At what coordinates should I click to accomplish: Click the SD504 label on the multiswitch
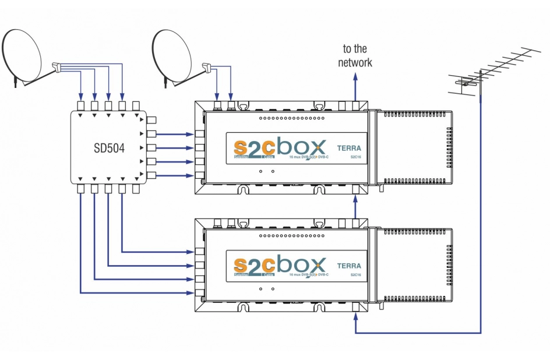pos(109,147)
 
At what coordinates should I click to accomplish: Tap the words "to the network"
pos(355,56)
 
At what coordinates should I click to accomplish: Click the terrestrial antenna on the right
pos(489,73)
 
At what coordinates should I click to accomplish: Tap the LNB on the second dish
pos(206,68)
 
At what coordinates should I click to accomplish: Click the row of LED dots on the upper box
pos(291,118)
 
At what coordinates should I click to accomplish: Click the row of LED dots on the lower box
pos(291,235)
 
